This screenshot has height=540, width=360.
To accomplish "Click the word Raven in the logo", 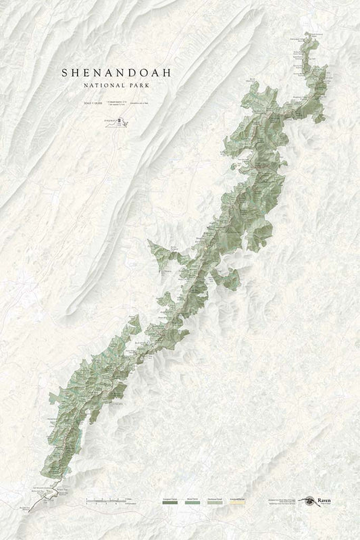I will coord(327,499).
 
